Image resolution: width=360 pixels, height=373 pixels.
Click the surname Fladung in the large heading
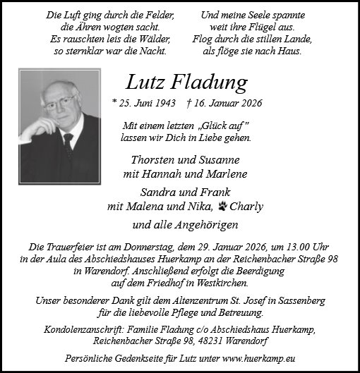click(208, 82)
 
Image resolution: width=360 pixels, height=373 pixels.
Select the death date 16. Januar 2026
click(227, 104)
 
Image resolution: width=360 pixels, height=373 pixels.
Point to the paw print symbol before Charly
click(224, 207)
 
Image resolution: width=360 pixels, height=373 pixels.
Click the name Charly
click(246, 207)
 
